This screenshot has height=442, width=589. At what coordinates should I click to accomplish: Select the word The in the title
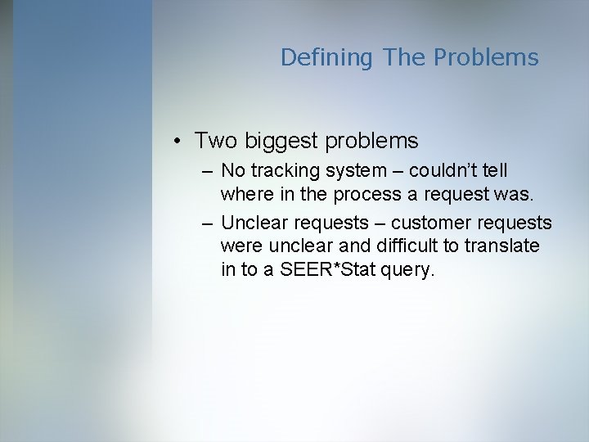click(402, 57)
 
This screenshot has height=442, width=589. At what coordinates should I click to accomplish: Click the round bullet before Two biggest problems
click(178, 142)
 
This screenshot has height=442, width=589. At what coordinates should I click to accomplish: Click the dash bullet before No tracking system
click(206, 171)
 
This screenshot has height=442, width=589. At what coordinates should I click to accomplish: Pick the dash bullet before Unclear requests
click(206, 223)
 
